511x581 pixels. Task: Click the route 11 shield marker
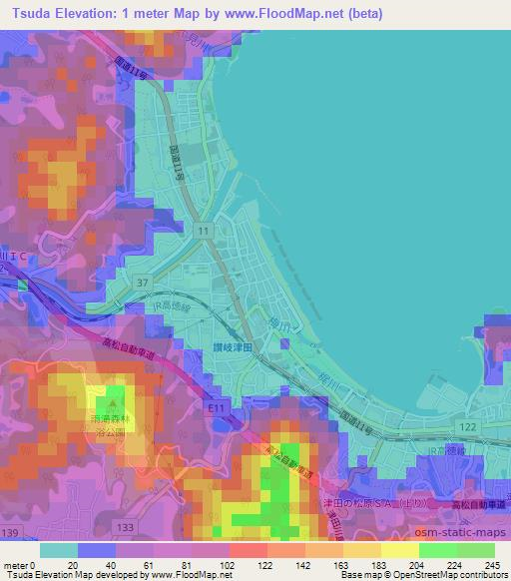(204, 231)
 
